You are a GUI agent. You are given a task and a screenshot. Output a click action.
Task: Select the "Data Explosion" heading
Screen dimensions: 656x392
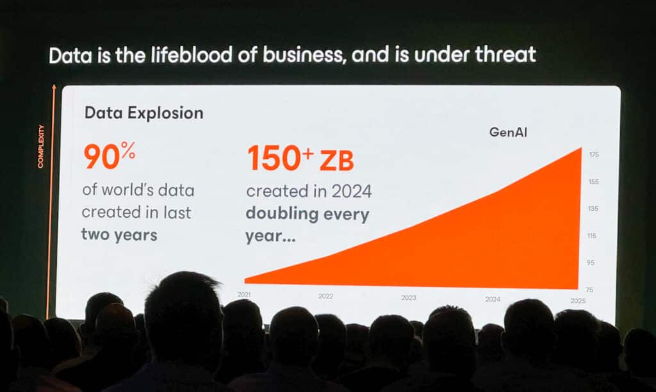point(144,113)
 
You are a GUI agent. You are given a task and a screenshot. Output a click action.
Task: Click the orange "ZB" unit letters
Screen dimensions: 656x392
point(337,161)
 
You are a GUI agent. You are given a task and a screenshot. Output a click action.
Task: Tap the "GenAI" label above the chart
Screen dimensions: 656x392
point(508,132)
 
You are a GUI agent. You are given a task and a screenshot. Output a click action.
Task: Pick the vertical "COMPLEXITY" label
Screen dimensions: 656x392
point(40,147)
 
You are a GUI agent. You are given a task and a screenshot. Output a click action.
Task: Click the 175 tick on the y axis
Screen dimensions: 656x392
point(594,154)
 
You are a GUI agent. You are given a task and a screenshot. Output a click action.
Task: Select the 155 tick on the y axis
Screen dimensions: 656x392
point(594,181)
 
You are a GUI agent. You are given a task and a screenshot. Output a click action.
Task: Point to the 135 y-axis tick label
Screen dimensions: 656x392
point(593,208)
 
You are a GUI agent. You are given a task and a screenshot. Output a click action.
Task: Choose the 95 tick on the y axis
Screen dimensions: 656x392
point(590,263)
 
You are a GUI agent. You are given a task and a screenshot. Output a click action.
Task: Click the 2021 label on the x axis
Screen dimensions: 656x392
point(244,295)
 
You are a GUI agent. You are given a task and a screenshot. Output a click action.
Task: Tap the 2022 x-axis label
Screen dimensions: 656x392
point(325,296)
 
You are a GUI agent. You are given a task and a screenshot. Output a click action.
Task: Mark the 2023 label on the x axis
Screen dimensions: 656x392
point(409,298)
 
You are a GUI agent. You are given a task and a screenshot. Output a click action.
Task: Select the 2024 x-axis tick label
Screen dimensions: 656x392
point(493,299)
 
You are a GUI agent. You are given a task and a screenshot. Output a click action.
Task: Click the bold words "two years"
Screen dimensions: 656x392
point(119,234)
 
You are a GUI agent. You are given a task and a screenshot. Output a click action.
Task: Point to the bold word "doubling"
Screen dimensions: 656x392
point(282,214)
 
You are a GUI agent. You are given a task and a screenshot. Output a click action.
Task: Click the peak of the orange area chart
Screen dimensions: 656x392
point(581,148)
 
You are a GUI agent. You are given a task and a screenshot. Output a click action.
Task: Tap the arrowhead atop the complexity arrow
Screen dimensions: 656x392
point(54,87)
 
